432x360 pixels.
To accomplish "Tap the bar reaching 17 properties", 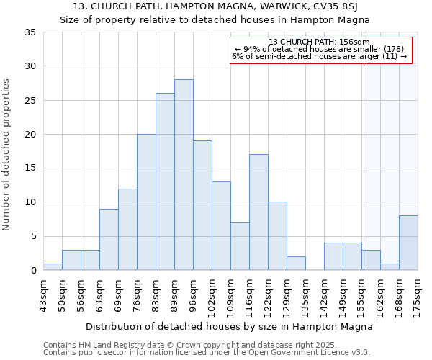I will (x=258, y=212).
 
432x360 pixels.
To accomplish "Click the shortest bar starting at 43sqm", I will (x=53, y=266).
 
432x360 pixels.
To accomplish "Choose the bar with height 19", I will (x=202, y=205).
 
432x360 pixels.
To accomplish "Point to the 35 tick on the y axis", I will (x=30, y=32).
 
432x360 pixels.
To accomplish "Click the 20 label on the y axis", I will (x=30, y=135).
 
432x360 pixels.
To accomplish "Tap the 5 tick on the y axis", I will (x=33, y=236).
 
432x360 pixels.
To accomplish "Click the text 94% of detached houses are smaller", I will (x=320, y=49).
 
